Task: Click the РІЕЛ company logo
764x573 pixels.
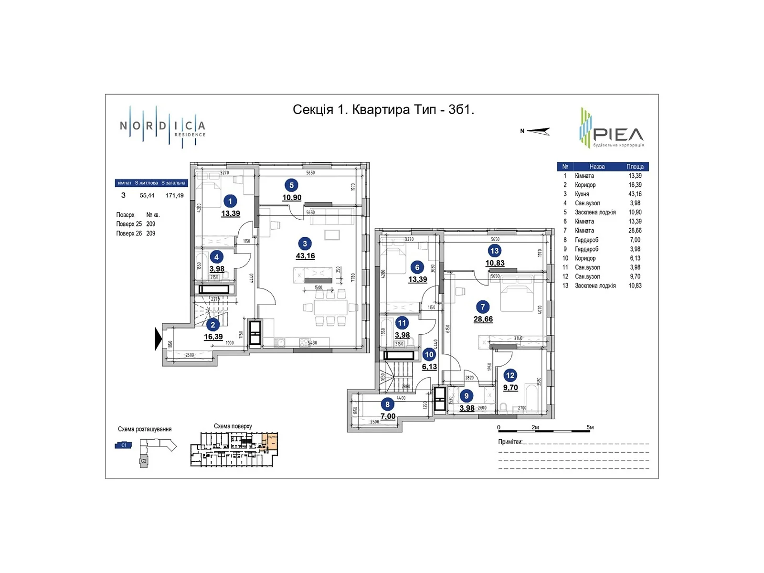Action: (x=612, y=128)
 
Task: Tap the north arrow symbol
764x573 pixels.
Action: (x=536, y=131)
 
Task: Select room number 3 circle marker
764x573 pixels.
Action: (x=305, y=244)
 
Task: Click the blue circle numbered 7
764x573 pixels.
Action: (x=483, y=307)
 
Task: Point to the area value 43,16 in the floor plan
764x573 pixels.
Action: (x=305, y=256)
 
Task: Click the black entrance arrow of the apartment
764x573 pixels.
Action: (x=158, y=339)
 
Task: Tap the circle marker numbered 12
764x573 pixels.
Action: (x=510, y=375)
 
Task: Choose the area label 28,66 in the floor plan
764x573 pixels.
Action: (x=483, y=319)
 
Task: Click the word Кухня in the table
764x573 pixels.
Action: (x=582, y=194)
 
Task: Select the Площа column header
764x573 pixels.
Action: (x=635, y=167)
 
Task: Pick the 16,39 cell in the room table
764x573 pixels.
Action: (x=635, y=185)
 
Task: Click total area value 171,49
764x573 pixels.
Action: (x=174, y=195)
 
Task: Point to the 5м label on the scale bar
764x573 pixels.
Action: (x=590, y=427)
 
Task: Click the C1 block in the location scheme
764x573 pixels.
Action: (x=123, y=445)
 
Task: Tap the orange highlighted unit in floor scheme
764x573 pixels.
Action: (x=270, y=442)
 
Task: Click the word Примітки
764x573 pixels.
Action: (x=510, y=442)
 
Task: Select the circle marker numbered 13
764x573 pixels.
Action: (x=494, y=251)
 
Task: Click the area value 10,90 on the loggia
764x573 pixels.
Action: (x=291, y=198)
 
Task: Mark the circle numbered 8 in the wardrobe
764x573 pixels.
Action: (x=387, y=404)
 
